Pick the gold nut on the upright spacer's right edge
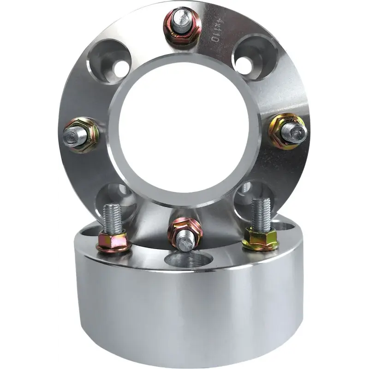pos(287,131)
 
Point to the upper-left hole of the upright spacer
pos(111,62)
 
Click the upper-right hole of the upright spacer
pos(255,58)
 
